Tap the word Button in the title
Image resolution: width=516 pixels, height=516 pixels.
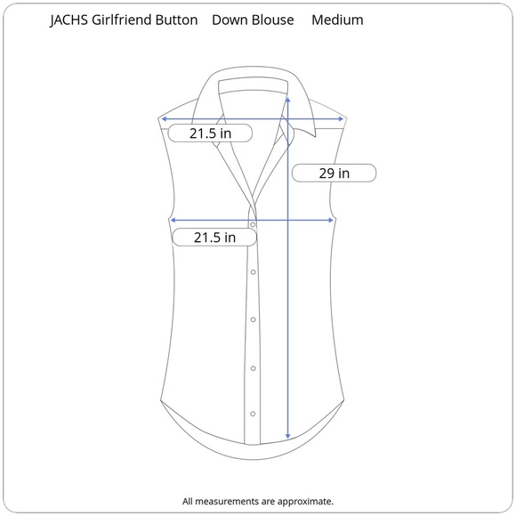(x=180, y=20)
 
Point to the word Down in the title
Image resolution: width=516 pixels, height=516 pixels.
(x=230, y=20)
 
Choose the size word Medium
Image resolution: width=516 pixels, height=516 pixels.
(x=337, y=20)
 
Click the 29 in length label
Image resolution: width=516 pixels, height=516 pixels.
(x=335, y=173)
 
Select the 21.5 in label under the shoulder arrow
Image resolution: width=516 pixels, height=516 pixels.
(x=211, y=133)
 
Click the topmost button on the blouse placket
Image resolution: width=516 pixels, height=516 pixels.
(x=253, y=225)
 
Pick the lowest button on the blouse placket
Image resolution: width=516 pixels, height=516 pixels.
(x=254, y=414)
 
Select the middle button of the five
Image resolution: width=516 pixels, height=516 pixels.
(x=254, y=319)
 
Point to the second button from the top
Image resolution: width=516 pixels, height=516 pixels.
(x=254, y=272)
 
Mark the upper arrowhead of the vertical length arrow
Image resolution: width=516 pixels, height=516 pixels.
(x=287, y=99)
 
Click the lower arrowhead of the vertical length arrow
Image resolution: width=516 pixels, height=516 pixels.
(x=287, y=437)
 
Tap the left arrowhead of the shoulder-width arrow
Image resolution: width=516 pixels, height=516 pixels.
(x=164, y=117)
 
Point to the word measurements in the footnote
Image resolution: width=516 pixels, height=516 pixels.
(x=228, y=502)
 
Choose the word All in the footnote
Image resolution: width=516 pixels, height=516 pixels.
(x=189, y=502)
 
